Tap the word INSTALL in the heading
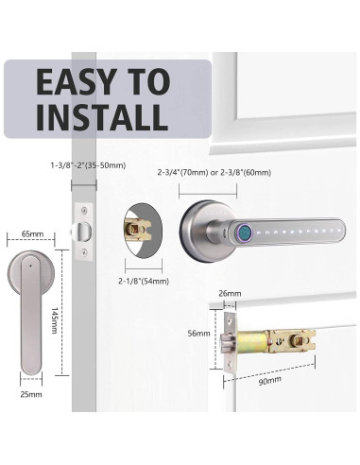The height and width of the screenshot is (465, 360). [102, 118]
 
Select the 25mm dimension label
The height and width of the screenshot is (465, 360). [30, 391]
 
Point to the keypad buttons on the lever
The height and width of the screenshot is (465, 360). [293, 231]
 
